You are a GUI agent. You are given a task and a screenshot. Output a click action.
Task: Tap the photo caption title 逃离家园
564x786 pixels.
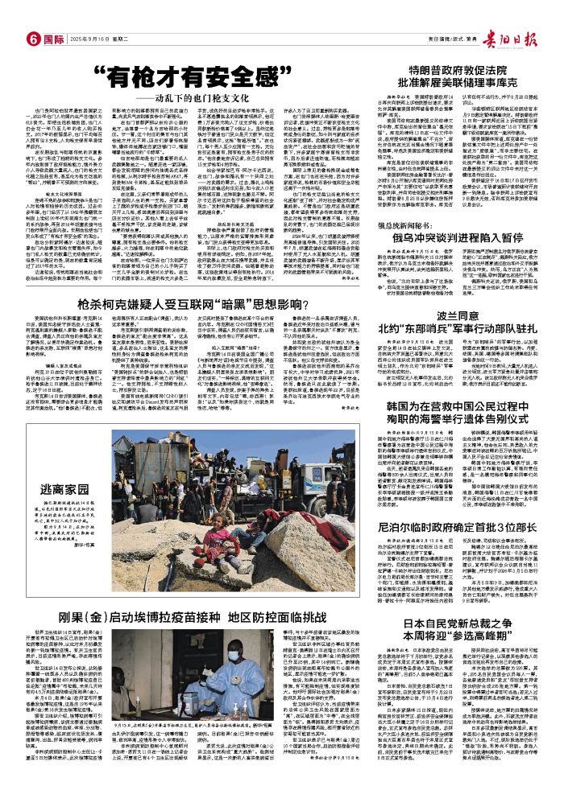65,488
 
